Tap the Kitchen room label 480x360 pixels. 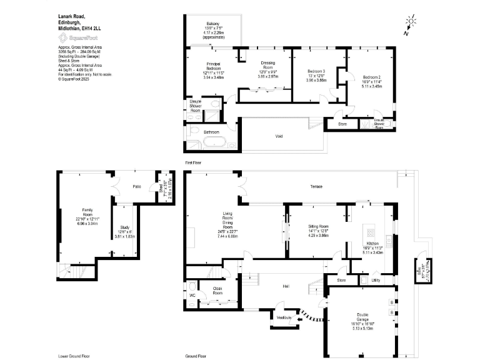click(372, 243)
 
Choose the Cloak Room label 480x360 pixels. click(218, 290)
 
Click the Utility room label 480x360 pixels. click(376, 280)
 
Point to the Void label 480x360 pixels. click(279, 136)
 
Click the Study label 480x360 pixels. click(124, 228)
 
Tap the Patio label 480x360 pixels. click(136, 186)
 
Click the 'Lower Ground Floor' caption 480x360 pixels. click(73, 356)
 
